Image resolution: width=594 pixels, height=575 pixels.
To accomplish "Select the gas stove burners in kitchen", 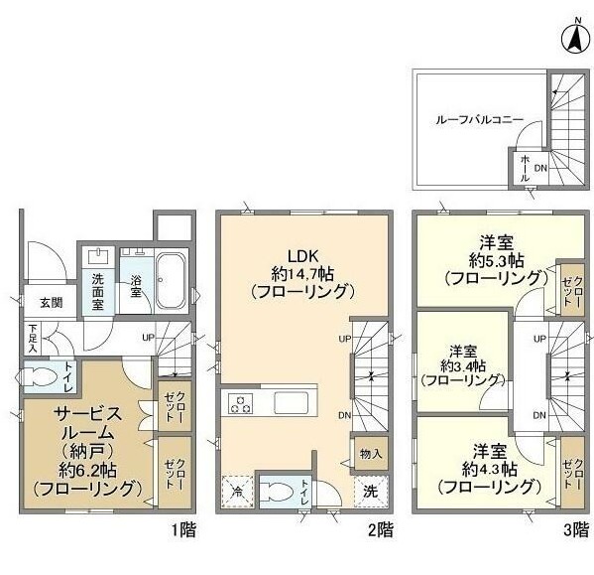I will [242, 403].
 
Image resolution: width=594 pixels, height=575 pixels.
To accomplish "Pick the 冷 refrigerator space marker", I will [238, 491].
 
